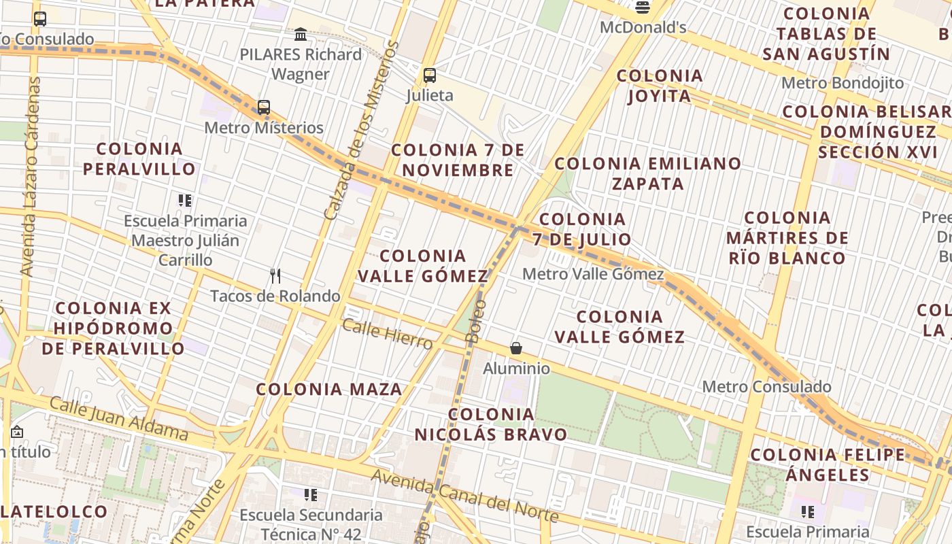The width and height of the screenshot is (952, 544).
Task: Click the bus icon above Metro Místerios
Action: (263, 107)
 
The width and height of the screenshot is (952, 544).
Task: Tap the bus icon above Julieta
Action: (429, 75)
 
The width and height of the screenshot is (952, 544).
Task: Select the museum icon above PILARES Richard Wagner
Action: (301, 34)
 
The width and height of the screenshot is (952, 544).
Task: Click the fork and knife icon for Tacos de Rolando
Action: (275, 276)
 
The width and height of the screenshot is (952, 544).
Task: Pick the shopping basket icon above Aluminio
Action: (516, 349)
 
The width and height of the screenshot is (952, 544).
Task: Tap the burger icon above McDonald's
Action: (643, 7)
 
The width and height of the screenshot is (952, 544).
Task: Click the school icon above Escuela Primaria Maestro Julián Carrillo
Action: (185, 201)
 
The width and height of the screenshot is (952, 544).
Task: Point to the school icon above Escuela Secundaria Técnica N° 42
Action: (311, 495)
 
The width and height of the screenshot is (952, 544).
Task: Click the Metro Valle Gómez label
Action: (593, 274)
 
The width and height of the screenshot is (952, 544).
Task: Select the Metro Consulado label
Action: (766, 387)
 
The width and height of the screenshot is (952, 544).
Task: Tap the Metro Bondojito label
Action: (843, 83)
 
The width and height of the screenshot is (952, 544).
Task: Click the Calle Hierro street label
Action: (387, 334)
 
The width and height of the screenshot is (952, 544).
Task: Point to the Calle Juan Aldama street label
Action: (119, 418)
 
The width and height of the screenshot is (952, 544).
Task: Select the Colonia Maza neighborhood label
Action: (329, 390)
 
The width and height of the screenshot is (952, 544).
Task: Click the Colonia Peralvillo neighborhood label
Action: (139, 158)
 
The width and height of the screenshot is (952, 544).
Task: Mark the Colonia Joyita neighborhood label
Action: (660, 86)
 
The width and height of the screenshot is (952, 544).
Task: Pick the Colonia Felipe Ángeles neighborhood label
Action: (828, 464)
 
